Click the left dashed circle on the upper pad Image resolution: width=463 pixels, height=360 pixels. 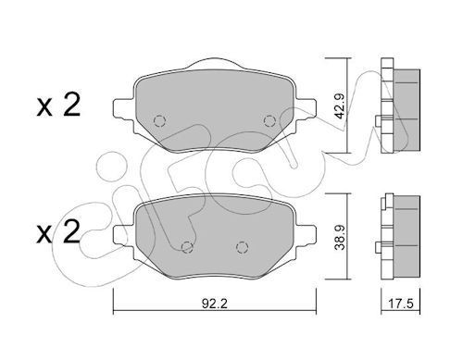[x=157, y=121]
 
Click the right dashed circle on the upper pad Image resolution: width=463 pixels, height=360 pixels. [x=269, y=120]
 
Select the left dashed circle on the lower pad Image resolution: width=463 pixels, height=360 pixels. [x=186, y=246]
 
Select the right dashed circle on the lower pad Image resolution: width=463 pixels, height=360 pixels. [x=242, y=246]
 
